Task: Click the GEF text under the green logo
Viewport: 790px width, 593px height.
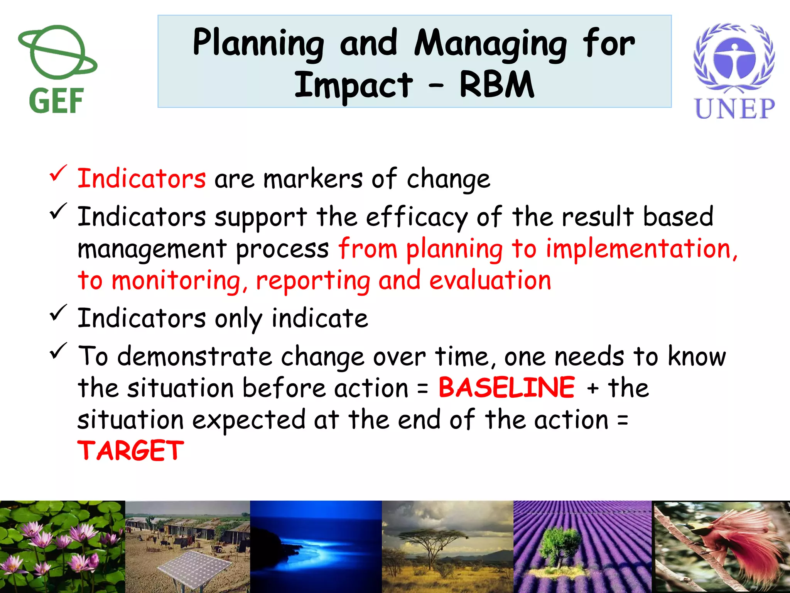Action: pos(56,101)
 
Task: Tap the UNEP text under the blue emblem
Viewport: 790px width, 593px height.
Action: pos(734,108)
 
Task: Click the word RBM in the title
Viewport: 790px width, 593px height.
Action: pos(497,85)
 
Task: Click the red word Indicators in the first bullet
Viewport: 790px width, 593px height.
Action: pos(142,179)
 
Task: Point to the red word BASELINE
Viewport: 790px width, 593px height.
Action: pos(507,388)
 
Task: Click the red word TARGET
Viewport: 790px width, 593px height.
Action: pos(131,451)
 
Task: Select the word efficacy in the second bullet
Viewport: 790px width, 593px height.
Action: pos(417,217)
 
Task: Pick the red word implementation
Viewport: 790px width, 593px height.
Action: pos(640,249)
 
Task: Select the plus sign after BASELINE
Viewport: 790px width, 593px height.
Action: pos(592,388)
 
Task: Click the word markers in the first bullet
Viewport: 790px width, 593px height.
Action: pos(313,179)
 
